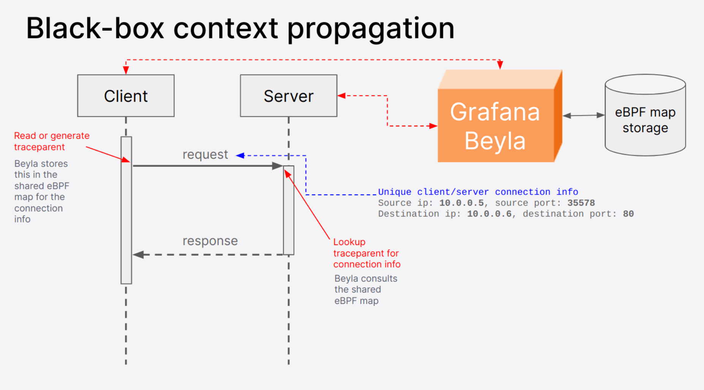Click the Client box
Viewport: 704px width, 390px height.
[x=126, y=96]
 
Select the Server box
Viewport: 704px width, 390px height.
[x=288, y=96]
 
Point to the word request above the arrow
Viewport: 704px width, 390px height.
[x=205, y=154]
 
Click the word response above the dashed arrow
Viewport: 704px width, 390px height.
[x=210, y=241]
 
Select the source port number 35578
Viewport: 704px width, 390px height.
[x=581, y=203]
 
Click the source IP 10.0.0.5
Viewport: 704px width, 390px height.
[x=461, y=203]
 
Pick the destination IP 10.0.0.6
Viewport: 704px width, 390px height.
[x=489, y=214]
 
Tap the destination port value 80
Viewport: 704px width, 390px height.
[x=628, y=214]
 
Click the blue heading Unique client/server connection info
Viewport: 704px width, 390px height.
[x=478, y=192]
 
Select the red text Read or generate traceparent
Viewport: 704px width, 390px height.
[x=52, y=141]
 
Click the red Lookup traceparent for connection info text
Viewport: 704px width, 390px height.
[x=367, y=253]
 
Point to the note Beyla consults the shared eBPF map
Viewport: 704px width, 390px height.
[x=365, y=289]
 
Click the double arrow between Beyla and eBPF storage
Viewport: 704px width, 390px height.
[x=583, y=115]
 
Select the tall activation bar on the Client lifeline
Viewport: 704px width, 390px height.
[x=126, y=210]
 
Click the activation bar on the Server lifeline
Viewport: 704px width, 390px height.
[x=289, y=210]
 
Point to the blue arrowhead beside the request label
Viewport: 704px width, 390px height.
[x=240, y=155]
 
